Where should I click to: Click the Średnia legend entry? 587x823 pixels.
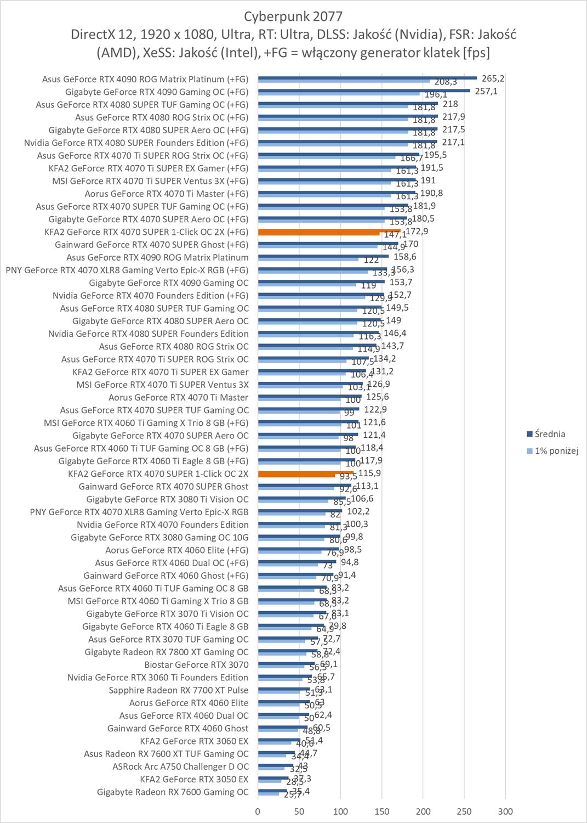(x=550, y=434)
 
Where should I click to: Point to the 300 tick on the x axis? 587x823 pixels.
(x=505, y=811)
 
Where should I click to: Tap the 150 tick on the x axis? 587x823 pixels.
(x=382, y=811)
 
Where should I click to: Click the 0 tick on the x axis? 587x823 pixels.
(x=258, y=811)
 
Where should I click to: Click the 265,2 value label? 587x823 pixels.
(x=493, y=78)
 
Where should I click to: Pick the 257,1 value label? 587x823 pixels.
(x=486, y=91)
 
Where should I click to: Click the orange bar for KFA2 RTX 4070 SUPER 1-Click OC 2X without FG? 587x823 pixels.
(x=305, y=472)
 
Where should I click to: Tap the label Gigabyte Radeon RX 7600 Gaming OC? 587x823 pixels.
(x=173, y=792)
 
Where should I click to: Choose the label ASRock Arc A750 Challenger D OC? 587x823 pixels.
(x=180, y=766)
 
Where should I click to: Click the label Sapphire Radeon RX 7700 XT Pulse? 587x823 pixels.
(x=178, y=690)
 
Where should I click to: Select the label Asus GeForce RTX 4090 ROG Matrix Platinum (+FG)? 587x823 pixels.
(x=145, y=79)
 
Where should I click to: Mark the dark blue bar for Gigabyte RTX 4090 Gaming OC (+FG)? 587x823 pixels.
(x=364, y=90)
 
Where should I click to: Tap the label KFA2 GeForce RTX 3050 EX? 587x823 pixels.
(x=194, y=779)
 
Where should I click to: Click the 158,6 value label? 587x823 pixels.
(x=404, y=256)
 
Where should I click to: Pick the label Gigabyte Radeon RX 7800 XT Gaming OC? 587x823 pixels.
(x=167, y=652)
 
